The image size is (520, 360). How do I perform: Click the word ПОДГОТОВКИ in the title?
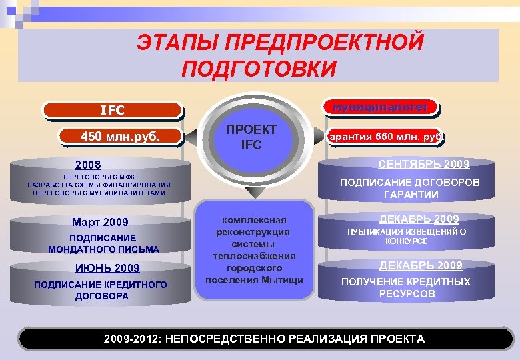(x=259, y=68)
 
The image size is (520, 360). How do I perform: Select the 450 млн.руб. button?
(x=121, y=137)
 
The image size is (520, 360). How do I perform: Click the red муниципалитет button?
(x=381, y=106)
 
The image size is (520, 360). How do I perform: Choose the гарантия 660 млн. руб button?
(x=384, y=137)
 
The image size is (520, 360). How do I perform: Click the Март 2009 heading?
(x=101, y=222)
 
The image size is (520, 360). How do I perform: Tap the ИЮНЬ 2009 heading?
(x=100, y=269)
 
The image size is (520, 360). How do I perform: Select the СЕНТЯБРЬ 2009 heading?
(x=423, y=164)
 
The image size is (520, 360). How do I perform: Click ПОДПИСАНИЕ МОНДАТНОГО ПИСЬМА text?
(x=103, y=243)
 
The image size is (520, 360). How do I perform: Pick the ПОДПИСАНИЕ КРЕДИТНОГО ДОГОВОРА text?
(x=101, y=291)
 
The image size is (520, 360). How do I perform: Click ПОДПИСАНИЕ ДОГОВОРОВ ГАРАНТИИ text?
(x=409, y=188)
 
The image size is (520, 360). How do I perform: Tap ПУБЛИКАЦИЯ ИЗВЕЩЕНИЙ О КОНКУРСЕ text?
(x=406, y=236)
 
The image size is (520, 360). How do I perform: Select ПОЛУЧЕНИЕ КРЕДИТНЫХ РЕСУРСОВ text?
(x=405, y=287)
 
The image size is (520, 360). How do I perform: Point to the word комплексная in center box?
(x=253, y=220)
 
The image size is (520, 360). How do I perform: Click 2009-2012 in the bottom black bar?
(x=132, y=339)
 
